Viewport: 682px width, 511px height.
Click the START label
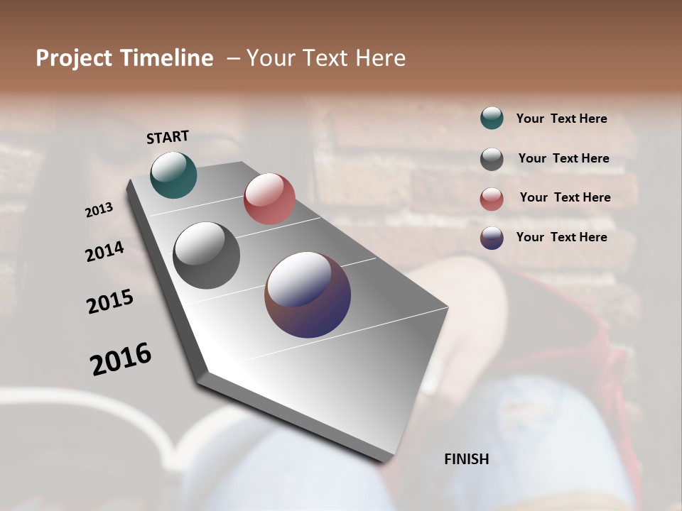tap(168, 137)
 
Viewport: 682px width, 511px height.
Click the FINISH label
tap(466, 459)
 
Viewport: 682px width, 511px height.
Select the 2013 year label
tap(99, 210)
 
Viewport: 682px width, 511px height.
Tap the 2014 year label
tap(104, 252)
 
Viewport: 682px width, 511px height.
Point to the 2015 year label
tap(110, 302)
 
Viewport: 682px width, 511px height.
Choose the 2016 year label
tap(121, 358)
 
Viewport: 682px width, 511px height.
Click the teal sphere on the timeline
tap(173, 175)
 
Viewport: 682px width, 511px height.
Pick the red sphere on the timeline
tap(269, 199)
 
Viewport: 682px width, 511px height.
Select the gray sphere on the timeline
tap(206, 255)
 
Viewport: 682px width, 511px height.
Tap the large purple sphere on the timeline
tap(308, 295)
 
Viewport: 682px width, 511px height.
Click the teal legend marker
tap(492, 119)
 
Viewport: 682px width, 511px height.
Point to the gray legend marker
tap(492, 159)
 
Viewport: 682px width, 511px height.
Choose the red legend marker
tap(492, 199)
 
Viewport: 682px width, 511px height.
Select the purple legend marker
tap(492, 238)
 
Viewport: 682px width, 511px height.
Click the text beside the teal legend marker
tap(561, 119)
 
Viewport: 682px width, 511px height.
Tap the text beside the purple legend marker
tap(561, 237)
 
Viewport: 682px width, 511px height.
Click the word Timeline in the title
tap(168, 58)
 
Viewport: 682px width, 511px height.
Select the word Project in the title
tap(73, 58)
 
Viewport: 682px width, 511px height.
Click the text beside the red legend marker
tap(565, 197)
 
